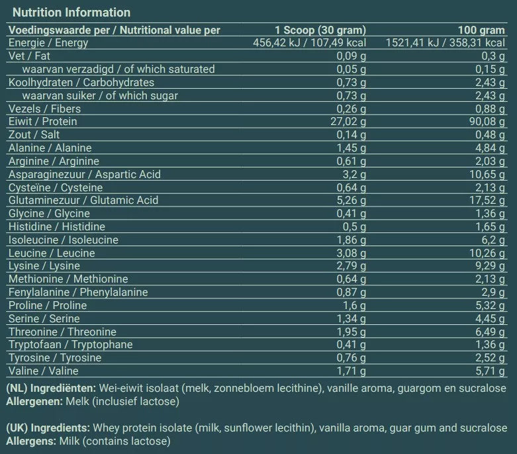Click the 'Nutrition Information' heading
(x=71, y=13)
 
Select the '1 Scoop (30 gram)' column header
(x=320, y=30)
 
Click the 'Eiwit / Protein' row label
(x=42, y=122)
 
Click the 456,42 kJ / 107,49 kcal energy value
(x=310, y=43)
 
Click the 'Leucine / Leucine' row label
(x=52, y=253)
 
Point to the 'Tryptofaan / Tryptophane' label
(x=70, y=345)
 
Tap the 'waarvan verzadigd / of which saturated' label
(x=118, y=69)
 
